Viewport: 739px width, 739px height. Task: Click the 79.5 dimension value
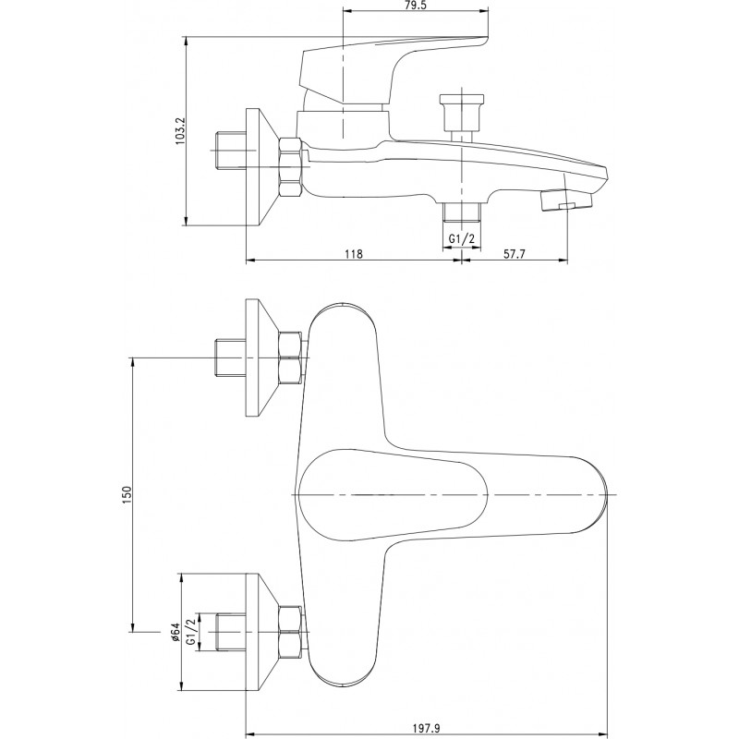point(415,6)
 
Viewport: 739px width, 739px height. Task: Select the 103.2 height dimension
point(180,130)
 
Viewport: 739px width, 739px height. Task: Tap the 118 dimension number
point(354,254)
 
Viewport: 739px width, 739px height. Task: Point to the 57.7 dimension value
point(515,254)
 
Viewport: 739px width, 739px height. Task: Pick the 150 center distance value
point(127,495)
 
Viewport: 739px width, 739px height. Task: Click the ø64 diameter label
point(175,632)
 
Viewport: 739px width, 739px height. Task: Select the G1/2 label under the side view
point(461,239)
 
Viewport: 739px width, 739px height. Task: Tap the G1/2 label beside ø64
point(190,632)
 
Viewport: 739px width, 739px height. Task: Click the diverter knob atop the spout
point(461,113)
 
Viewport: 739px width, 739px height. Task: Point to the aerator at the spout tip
point(565,200)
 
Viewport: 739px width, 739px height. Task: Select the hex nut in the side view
point(290,166)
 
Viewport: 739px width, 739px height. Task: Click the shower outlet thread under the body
point(461,212)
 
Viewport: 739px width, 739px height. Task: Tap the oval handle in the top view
point(394,495)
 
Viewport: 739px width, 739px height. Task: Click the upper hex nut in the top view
point(290,358)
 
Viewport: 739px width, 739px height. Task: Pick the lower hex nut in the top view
point(290,632)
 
